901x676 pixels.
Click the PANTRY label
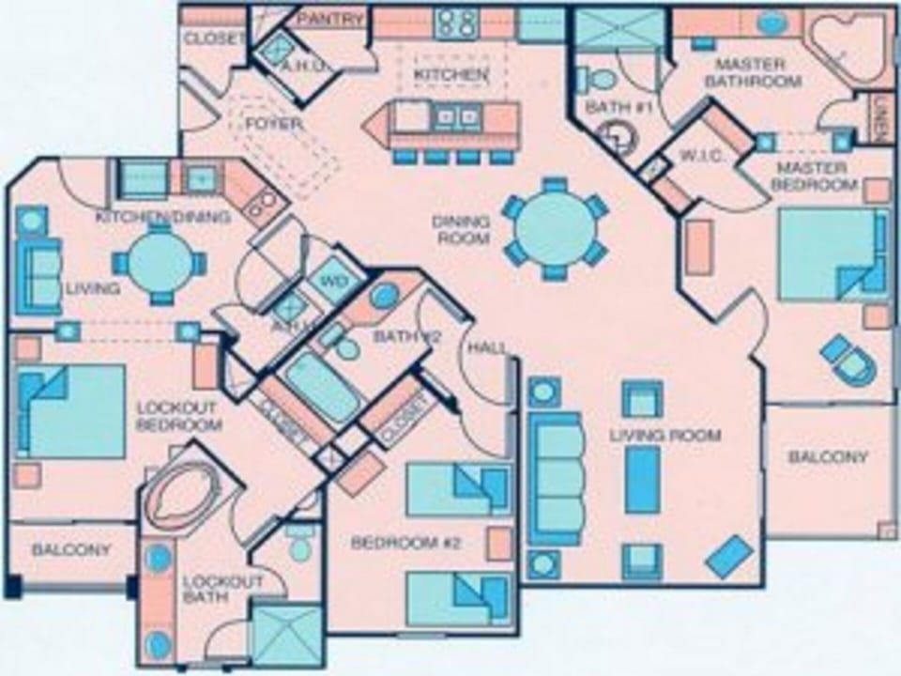[x=329, y=19]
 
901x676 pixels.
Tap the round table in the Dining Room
[x=555, y=228]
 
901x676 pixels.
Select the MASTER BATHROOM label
[x=757, y=72]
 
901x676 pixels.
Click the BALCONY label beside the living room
[x=828, y=456]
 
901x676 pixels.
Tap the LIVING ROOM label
[x=664, y=435]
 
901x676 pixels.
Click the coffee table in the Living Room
[x=642, y=478]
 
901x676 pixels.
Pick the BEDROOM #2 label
[x=394, y=543]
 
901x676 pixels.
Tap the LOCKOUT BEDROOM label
[x=177, y=416]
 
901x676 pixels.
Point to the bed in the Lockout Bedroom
[x=73, y=410]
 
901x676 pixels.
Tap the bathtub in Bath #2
[x=323, y=387]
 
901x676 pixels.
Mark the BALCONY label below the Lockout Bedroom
[x=71, y=549]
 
